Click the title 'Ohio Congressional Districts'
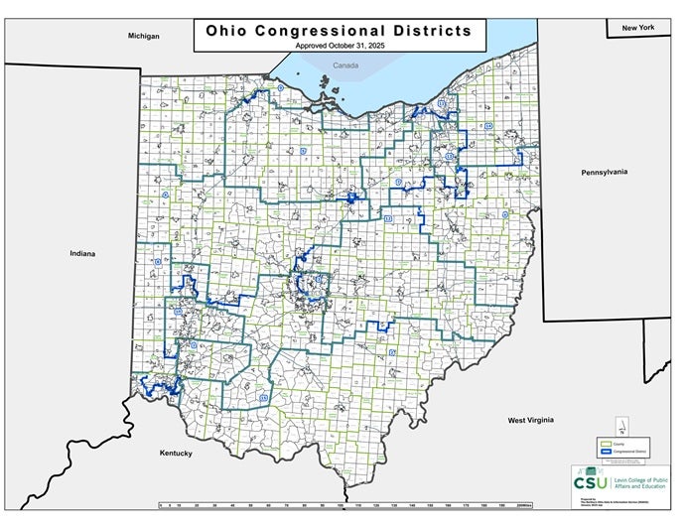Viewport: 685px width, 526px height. click(x=339, y=30)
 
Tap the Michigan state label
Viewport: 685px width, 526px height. click(x=143, y=36)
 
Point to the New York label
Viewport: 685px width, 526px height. click(x=638, y=28)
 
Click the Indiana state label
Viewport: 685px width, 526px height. click(x=82, y=253)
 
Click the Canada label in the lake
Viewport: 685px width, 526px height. click(x=345, y=66)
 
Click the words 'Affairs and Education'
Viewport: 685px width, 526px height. click(x=632, y=485)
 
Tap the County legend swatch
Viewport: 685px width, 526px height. click(x=605, y=442)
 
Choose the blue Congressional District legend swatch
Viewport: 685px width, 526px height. click(x=605, y=452)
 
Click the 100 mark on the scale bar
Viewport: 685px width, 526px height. click(x=342, y=506)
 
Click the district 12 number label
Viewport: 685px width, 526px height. click(x=388, y=218)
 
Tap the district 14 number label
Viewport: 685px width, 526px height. click(x=488, y=126)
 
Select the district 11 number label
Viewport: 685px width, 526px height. click(x=440, y=102)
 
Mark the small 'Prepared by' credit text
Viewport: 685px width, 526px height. click(x=585, y=497)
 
